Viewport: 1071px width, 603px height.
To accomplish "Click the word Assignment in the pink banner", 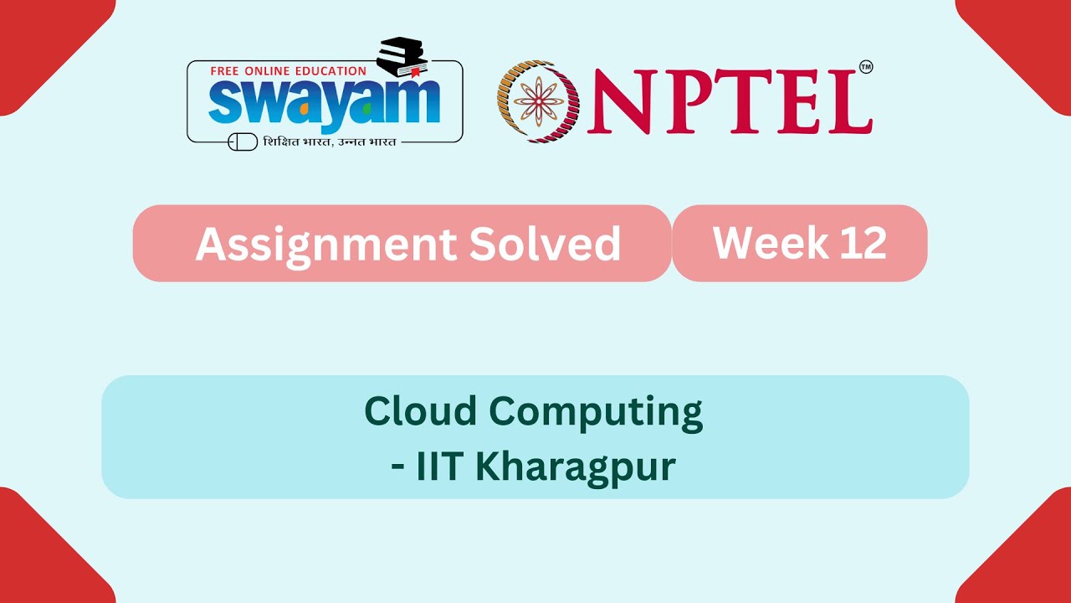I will point(325,244).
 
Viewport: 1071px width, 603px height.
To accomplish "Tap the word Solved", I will point(545,244).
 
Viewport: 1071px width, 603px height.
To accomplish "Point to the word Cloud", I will point(421,410).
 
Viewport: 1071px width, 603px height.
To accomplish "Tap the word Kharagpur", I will point(575,467).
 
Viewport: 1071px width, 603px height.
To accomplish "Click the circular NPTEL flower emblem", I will point(539,101).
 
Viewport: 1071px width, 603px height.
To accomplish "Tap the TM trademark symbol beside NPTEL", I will point(866,67).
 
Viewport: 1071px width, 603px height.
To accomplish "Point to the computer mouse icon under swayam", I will point(243,142).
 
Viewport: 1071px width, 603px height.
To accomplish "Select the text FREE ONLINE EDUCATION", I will point(288,71).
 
